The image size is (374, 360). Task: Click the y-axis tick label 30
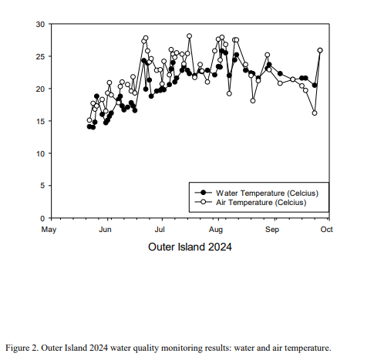40,25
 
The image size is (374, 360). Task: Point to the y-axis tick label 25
40,56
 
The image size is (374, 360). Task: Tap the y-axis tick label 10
40,153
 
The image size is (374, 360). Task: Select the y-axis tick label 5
42,186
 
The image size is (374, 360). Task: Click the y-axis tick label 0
42,218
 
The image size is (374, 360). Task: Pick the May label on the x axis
49,230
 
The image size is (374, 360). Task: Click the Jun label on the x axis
105,230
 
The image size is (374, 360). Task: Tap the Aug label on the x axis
216,230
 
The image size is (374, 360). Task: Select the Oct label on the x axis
326,229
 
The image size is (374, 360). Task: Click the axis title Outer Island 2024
190,247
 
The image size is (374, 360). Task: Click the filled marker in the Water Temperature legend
204,193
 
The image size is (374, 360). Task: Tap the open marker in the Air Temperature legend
204,202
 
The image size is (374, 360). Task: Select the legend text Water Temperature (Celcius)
267,193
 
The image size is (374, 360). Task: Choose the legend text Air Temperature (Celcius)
261,203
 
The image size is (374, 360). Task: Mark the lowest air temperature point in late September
315,113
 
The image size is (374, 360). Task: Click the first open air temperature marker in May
89,120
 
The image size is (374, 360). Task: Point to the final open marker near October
320,50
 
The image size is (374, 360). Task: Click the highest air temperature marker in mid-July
189,36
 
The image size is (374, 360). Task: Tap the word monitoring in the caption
182,348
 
